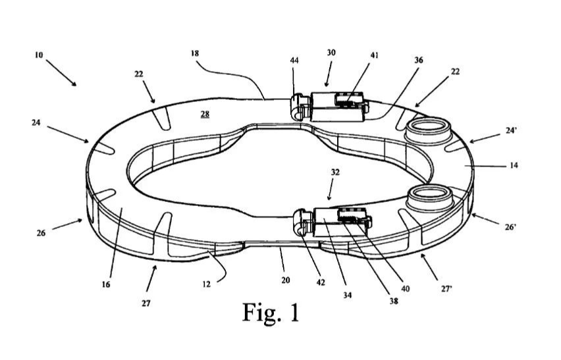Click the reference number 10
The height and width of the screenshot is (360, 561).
click(39, 55)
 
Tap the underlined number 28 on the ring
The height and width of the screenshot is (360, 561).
click(205, 114)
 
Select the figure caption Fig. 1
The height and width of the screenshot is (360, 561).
click(271, 312)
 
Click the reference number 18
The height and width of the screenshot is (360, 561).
click(195, 53)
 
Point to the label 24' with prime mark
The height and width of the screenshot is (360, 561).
click(511, 130)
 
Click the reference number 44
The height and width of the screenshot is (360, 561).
click(294, 61)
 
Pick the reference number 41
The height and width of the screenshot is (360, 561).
click(374, 55)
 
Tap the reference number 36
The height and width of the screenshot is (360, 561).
click(419, 60)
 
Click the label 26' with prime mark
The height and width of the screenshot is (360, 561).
click(510, 226)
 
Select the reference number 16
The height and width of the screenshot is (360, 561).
click(106, 284)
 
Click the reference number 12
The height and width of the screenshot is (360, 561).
click(207, 284)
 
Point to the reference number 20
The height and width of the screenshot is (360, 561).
click(286, 280)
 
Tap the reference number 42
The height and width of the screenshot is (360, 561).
click(321, 282)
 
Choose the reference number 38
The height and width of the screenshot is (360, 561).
click(394, 301)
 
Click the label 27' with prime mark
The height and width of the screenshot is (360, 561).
click(446, 289)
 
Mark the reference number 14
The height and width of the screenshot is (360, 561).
click(514, 166)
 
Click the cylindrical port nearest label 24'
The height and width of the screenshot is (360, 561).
click(429, 131)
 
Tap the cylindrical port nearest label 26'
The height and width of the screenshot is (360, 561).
click(430, 198)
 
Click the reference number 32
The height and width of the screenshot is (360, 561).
click(335, 172)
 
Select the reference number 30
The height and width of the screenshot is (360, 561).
click(331, 53)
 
